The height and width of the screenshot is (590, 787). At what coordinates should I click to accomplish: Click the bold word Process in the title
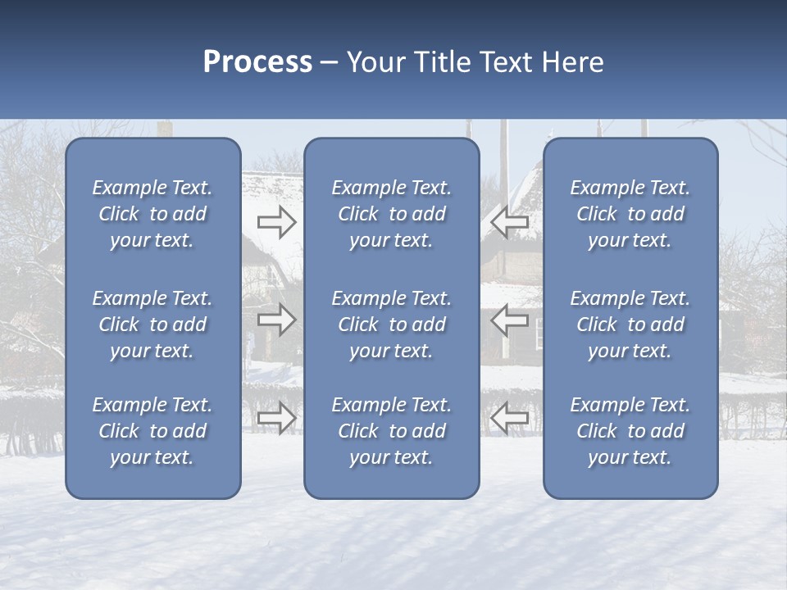click(257, 62)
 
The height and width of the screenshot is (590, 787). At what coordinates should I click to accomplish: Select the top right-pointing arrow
click(276, 221)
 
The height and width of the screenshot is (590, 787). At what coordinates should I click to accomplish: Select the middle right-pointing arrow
click(276, 320)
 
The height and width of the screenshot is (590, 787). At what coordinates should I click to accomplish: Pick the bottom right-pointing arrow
click(276, 418)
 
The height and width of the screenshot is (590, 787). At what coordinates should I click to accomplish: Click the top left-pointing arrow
click(510, 221)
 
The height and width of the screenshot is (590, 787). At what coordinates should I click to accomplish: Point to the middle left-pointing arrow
click(510, 320)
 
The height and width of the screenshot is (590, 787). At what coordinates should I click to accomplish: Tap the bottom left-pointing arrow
click(510, 418)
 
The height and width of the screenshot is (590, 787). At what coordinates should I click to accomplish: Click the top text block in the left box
click(152, 214)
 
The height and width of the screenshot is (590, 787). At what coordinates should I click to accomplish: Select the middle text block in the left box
click(152, 324)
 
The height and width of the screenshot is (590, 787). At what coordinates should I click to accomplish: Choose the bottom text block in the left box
click(152, 431)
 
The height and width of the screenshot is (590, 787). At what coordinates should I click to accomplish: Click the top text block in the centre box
click(392, 214)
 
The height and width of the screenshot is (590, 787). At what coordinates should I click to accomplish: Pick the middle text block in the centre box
click(392, 324)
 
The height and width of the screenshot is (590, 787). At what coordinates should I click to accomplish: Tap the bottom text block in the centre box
click(392, 431)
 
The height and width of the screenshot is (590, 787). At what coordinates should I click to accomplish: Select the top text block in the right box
click(630, 214)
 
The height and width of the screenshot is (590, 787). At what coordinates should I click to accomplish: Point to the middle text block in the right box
click(630, 324)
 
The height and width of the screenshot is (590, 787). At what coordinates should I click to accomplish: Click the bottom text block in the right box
click(630, 431)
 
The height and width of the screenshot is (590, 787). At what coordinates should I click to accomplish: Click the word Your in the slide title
click(375, 62)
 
